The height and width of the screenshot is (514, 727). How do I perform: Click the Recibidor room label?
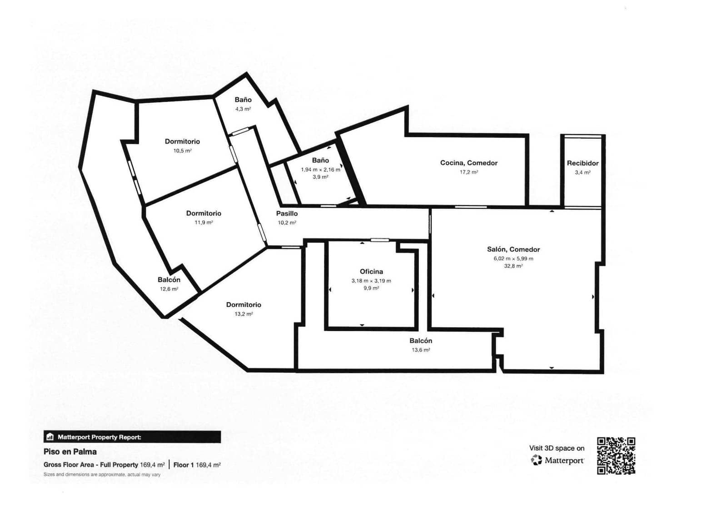pyautogui.click(x=583, y=163)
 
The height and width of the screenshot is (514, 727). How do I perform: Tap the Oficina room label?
pyautogui.click(x=371, y=272)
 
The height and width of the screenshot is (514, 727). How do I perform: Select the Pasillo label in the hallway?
pyautogui.click(x=287, y=213)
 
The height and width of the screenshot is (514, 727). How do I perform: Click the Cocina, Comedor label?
pyautogui.click(x=468, y=163)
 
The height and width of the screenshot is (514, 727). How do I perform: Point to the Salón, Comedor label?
pyautogui.click(x=513, y=249)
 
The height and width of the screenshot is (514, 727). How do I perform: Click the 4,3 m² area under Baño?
pyautogui.click(x=243, y=109)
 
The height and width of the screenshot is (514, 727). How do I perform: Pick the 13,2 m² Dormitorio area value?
pyautogui.click(x=244, y=314)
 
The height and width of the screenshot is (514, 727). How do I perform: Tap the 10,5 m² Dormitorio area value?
pyautogui.click(x=182, y=151)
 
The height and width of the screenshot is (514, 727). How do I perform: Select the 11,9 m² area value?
pyautogui.click(x=204, y=222)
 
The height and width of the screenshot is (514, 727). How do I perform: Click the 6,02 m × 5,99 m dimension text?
pyautogui.click(x=513, y=258)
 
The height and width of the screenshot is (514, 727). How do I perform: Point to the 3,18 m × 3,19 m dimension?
pyautogui.click(x=371, y=281)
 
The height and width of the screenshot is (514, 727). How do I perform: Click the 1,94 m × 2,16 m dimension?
pyautogui.click(x=320, y=170)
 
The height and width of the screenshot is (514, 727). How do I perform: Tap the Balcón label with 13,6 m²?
pyautogui.click(x=421, y=341)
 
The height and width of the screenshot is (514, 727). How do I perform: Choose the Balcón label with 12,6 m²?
pyautogui.click(x=169, y=280)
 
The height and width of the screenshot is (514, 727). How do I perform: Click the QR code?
pyautogui.click(x=616, y=456)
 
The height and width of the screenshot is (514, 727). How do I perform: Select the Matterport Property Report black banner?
pyautogui.click(x=132, y=437)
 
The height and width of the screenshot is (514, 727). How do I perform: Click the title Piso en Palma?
pyautogui.click(x=70, y=452)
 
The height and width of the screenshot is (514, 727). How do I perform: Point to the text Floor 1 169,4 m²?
pyautogui.click(x=197, y=465)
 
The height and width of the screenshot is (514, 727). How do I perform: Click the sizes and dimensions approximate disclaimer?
pyautogui.click(x=102, y=474)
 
